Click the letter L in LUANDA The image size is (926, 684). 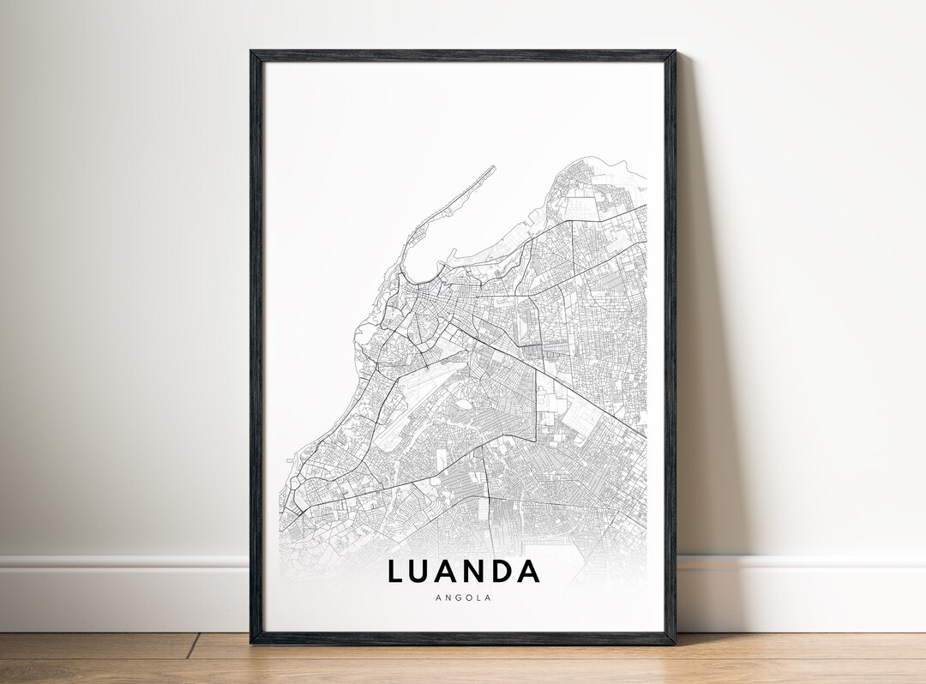tap(396, 571)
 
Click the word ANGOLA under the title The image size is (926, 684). tap(464, 598)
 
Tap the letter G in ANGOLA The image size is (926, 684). tap(454, 598)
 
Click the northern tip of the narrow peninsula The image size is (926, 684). tap(493, 167)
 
